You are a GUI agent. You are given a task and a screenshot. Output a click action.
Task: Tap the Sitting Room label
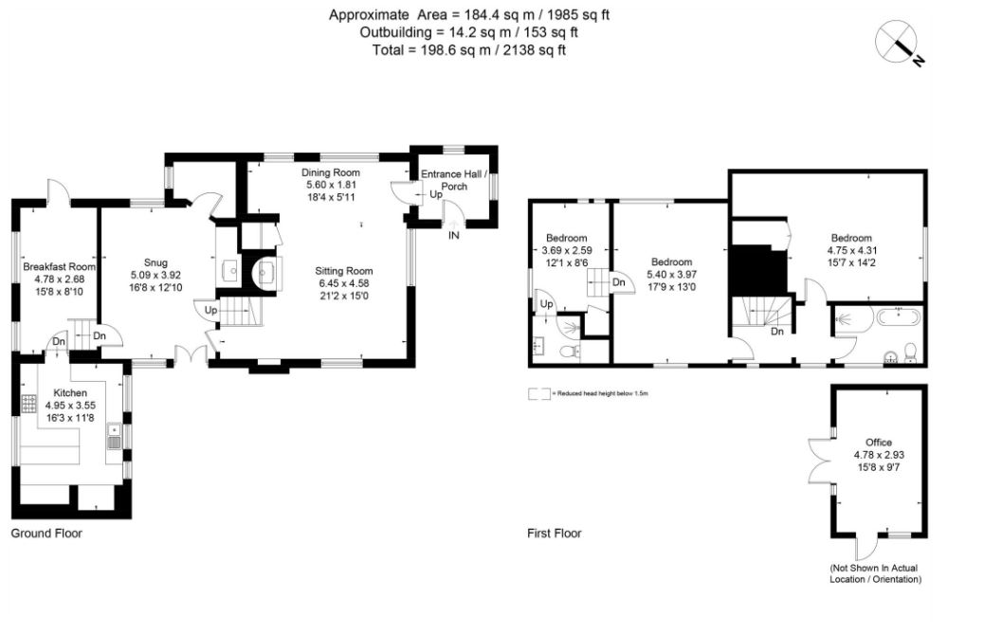click(x=346, y=270)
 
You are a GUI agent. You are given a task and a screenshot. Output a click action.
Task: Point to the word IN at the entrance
click(x=453, y=235)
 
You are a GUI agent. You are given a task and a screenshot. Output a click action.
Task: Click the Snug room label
click(x=155, y=263)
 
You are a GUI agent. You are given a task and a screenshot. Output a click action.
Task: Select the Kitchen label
click(x=70, y=392)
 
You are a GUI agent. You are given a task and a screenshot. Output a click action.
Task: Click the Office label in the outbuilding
click(x=878, y=443)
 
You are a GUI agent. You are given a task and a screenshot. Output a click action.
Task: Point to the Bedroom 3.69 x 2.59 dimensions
click(x=565, y=250)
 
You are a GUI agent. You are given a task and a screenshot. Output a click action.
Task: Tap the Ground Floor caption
click(x=46, y=534)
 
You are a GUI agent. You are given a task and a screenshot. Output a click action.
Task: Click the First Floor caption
click(x=554, y=534)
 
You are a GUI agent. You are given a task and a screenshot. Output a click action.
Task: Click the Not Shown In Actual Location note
click(x=875, y=573)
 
